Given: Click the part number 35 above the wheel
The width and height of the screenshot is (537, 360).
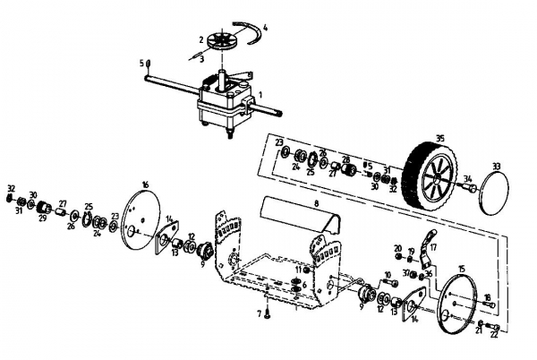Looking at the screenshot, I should pyautogui.click(x=439, y=139).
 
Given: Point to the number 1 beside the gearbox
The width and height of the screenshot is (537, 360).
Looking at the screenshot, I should pyautogui.click(x=260, y=94).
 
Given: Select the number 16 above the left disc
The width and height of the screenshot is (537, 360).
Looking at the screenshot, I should pyautogui.click(x=145, y=184).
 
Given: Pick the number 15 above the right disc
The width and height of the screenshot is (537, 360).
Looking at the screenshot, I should pyautogui.click(x=462, y=269).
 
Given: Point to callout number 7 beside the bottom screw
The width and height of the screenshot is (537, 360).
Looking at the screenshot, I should pyautogui.click(x=257, y=313).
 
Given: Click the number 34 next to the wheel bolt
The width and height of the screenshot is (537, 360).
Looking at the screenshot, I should pyautogui.click(x=466, y=178).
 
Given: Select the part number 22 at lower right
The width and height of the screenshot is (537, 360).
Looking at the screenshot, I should pyautogui.click(x=494, y=335).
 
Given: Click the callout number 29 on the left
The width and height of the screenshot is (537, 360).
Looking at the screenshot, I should pyautogui.click(x=41, y=218).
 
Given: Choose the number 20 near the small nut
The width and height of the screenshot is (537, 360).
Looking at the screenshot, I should pyautogui.click(x=397, y=247).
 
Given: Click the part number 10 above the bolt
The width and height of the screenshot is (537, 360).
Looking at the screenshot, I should pyautogui.click(x=388, y=274).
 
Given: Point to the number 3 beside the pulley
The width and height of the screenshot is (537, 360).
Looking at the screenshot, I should pyautogui.click(x=202, y=57).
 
